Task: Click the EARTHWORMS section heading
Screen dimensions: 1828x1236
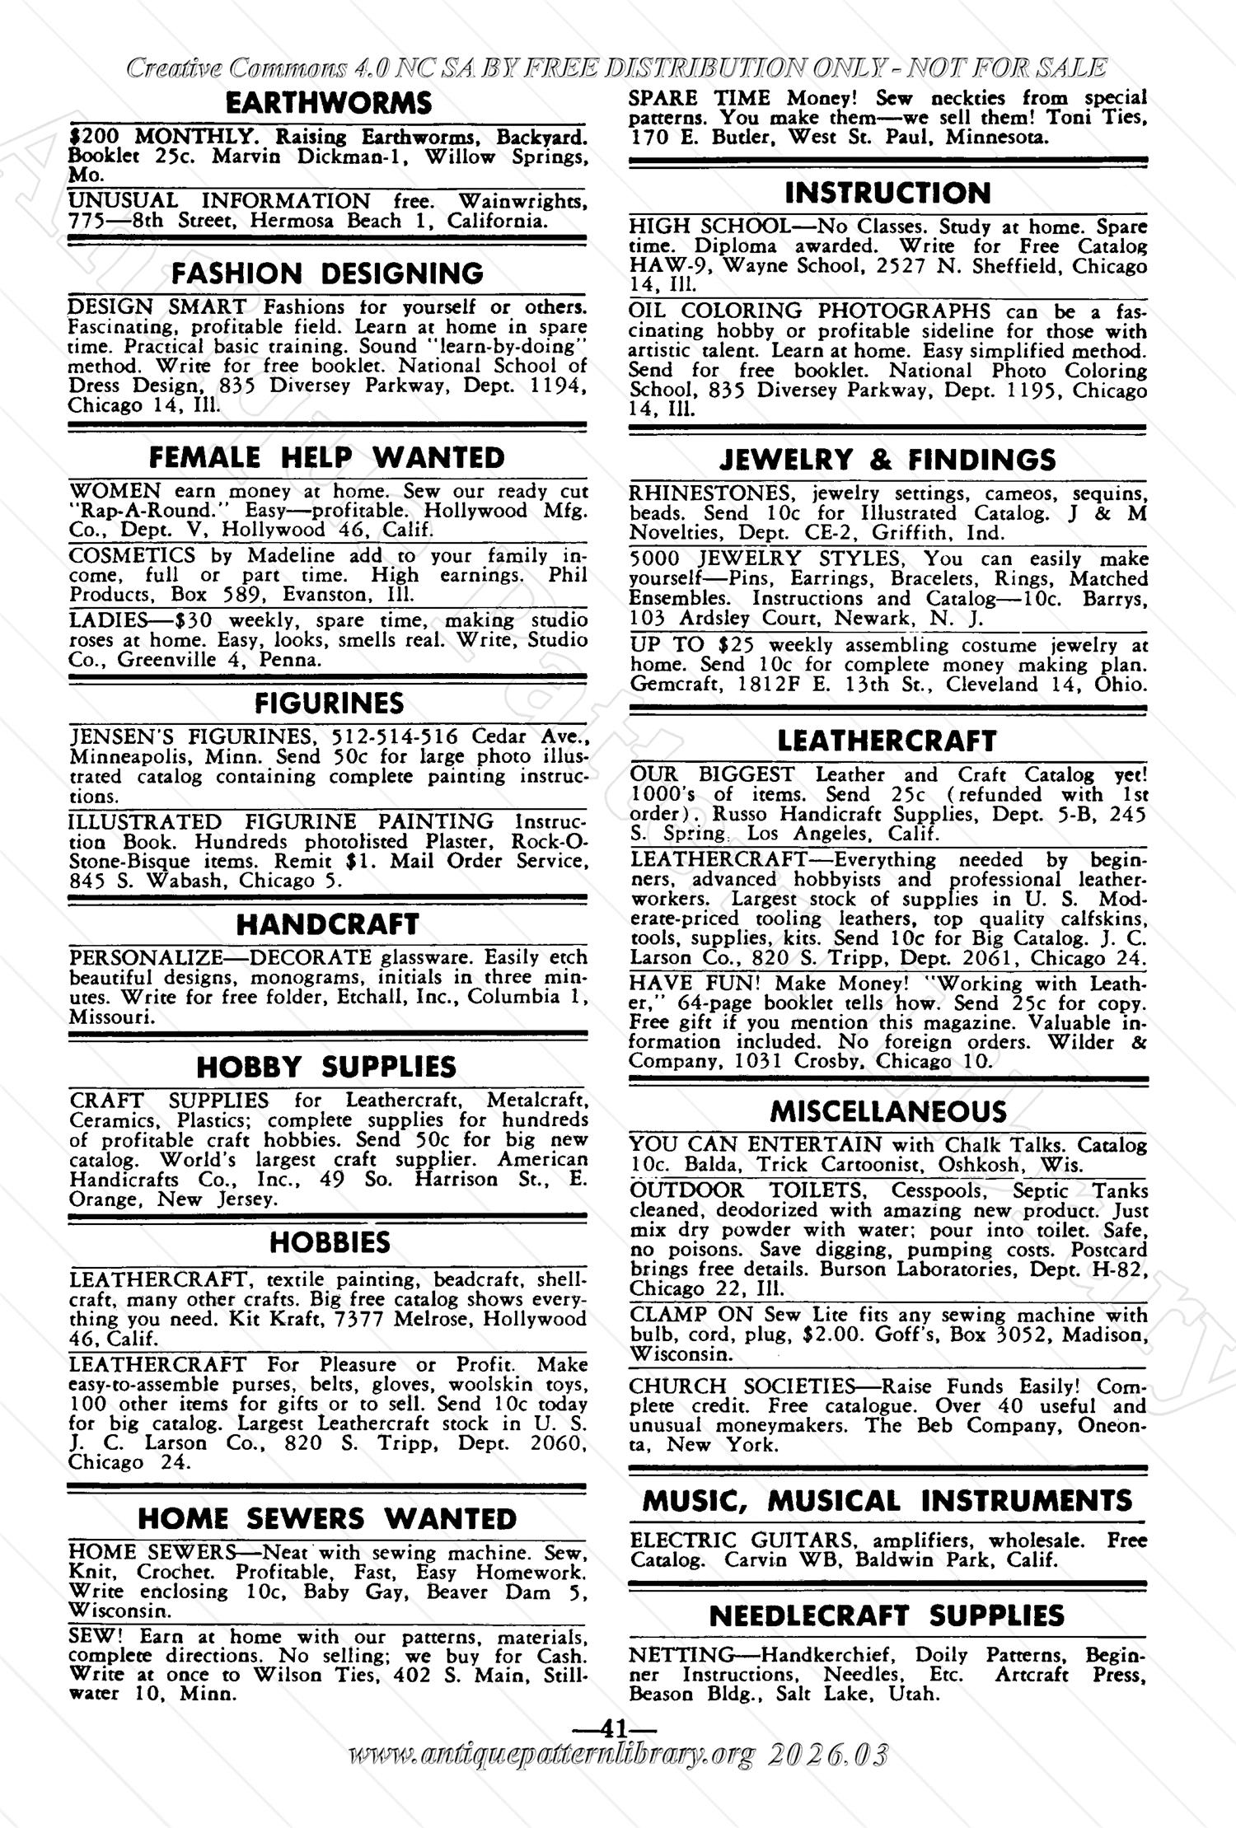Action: pos(328,104)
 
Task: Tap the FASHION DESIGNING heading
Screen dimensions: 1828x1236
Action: pos(328,273)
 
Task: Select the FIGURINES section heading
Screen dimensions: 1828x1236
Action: pos(329,704)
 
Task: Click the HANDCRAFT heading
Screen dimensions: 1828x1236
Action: pos(328,924)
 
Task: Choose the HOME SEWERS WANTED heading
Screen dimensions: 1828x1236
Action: pos(327,1519)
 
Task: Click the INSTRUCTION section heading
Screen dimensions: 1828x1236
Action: pos(887,194)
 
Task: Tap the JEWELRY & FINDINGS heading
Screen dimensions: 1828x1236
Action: pos(887,460)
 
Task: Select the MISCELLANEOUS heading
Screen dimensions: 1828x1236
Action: pos(888,1112)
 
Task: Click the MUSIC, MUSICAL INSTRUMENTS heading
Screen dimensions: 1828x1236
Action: pos(887,1501)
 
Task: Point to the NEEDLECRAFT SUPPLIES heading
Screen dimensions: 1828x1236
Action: pos(887,1616)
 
